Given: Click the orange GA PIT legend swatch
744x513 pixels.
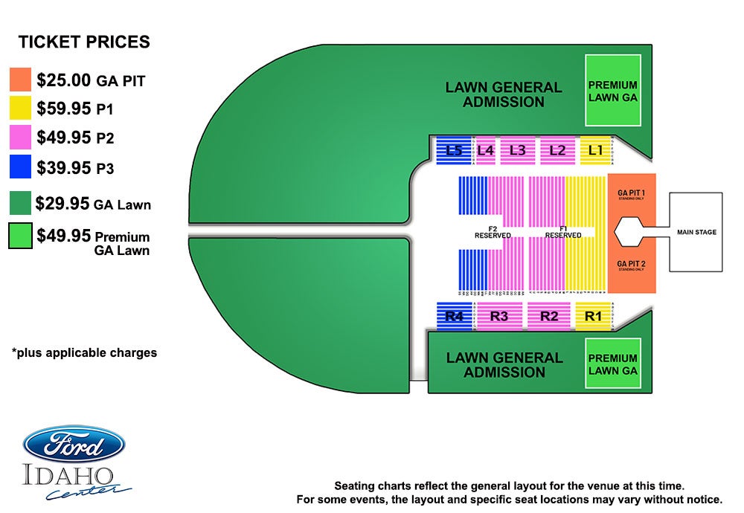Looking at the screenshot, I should (x=21, y=80).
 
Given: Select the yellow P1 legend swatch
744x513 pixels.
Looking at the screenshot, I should (x=21, y=109).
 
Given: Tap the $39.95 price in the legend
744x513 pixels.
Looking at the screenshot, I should (x=64, y=167).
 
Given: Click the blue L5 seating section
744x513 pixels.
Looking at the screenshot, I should (x=449, y=150).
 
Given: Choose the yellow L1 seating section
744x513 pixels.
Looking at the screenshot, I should (x=594, y=150).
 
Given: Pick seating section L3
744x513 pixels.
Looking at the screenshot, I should (x=518, y=150).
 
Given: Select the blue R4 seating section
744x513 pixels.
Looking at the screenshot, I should (x=454, y=317).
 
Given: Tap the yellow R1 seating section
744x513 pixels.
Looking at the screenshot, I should (x=593, y=317).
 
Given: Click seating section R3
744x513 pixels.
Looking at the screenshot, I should (x=498, y=317).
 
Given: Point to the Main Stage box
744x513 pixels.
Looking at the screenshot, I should (x=696, y=232).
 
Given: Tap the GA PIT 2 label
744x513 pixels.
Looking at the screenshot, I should (x=632, y=265).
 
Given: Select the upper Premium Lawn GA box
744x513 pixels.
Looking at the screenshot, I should (x=612, y=91).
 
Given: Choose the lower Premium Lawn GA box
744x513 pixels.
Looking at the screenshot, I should (x=612, y=364).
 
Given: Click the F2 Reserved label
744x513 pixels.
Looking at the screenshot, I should (x=493, y=232).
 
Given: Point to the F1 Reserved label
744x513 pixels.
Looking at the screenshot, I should (x=563, y=232).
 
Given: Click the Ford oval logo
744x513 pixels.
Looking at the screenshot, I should (x=74, y=445).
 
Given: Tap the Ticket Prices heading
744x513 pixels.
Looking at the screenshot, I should (x=84, y=42).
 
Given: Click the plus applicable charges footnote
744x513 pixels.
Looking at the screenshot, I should (x=84, y=353).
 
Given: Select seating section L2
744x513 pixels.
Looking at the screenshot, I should (x=557, y=150).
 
